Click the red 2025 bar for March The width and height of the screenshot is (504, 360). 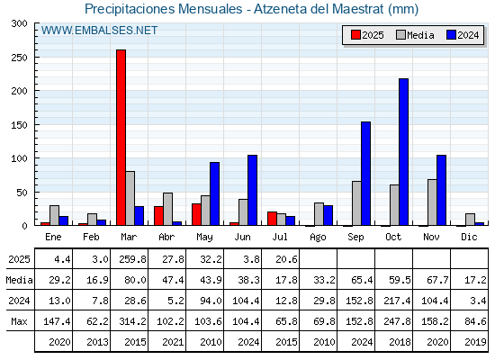[x=121, y=138]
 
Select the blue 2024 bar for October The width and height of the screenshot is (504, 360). [x=403, y=152]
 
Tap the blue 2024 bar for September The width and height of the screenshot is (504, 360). [x=365, y=174]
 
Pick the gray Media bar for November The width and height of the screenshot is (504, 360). [x=432, y=202]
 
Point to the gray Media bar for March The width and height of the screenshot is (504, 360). [x=130, y=198]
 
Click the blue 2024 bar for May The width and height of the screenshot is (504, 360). [x=215, y=193]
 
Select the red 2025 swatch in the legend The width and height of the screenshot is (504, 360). [x=355, y=35]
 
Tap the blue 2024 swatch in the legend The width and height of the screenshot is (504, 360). [x=451, y=35]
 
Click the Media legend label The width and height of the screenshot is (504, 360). [x=420, y=35]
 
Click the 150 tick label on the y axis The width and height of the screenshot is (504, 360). [x=19, y=125]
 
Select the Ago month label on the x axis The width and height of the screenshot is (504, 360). [x=318, y=238]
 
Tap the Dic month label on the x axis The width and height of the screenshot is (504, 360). [x=469, y=237]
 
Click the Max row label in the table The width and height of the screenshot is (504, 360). [x=19, y=321]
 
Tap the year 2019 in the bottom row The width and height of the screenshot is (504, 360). [x=475, y=342]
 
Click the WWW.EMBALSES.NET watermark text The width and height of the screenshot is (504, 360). [x=99, y=31]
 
